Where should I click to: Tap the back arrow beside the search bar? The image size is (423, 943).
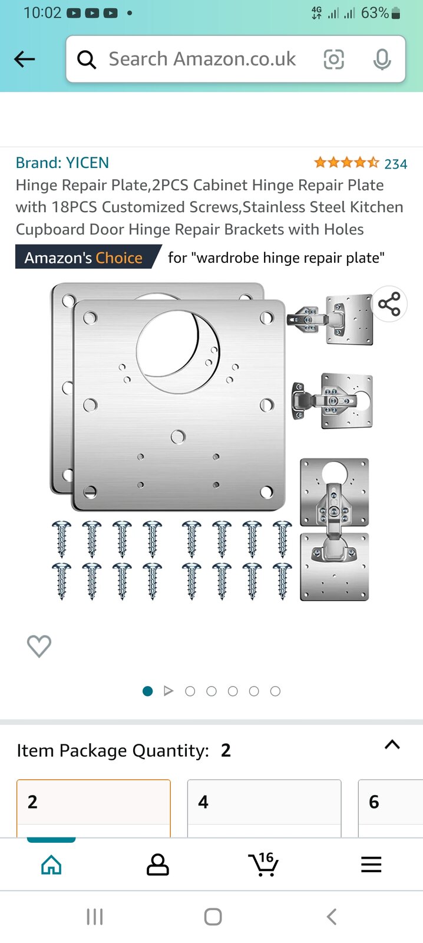click(25, 59)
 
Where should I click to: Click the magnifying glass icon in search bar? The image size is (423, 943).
click(87, 60)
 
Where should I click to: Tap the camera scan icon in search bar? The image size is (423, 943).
click(333, 59)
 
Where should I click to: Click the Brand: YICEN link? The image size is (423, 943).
click(62, 163)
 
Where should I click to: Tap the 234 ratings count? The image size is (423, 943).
click(395, 164)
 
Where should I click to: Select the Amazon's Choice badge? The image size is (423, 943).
click(84, 258)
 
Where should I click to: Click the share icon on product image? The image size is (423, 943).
click(389, 304)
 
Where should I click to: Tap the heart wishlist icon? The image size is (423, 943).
click(39, 646)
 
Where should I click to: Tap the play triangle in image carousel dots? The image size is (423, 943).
click(168, 691)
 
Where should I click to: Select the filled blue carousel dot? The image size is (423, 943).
click(148, 691)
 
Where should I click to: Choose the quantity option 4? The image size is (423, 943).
click(264, 803)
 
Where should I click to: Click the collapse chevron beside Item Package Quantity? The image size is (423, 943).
click(392, 744)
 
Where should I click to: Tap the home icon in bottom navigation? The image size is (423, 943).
click(51, 865)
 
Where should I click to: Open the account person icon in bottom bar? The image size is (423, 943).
click(157, 865)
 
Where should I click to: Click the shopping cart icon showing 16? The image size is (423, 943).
click(263, 865)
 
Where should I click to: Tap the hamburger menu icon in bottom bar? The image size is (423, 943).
click(371, 865)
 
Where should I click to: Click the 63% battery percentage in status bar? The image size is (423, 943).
click(375, 13)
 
